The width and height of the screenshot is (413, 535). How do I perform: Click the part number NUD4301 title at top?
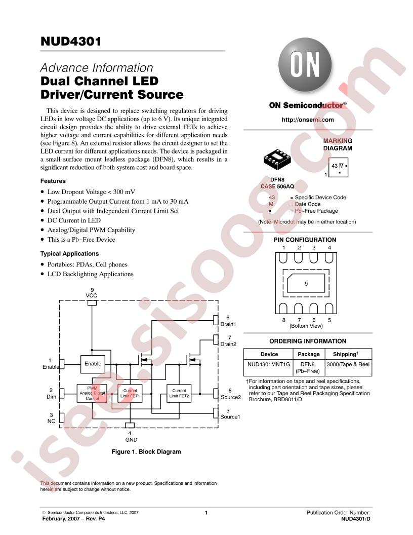(71, 41)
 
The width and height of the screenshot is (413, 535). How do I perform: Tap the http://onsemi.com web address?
(308, 120)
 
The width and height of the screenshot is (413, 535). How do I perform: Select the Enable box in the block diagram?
(93, 364)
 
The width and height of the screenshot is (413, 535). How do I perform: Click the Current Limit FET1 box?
(130, 394)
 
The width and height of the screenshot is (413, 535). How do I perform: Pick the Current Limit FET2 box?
(179, 394)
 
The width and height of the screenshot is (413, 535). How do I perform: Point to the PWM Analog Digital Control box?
(92, 394)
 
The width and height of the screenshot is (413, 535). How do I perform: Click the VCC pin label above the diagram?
(91, 295)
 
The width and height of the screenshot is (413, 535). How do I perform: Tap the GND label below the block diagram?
(131, 440)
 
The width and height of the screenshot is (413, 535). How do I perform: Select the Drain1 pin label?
(228, 324)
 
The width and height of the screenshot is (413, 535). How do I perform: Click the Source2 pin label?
(231, 397)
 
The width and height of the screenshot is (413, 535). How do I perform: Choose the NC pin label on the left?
(51, 422)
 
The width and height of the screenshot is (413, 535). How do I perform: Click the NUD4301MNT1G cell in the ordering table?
(269, 364)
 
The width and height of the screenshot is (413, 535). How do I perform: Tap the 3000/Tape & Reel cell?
(348, 364)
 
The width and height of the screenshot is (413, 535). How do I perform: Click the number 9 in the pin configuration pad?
(306, 284)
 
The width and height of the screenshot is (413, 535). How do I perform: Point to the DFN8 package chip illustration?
(277, 159)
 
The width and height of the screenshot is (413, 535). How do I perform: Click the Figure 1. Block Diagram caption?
(146, 452)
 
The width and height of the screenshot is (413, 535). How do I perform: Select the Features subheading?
(53, 181)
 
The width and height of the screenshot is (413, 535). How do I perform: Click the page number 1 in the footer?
(206, 513)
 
